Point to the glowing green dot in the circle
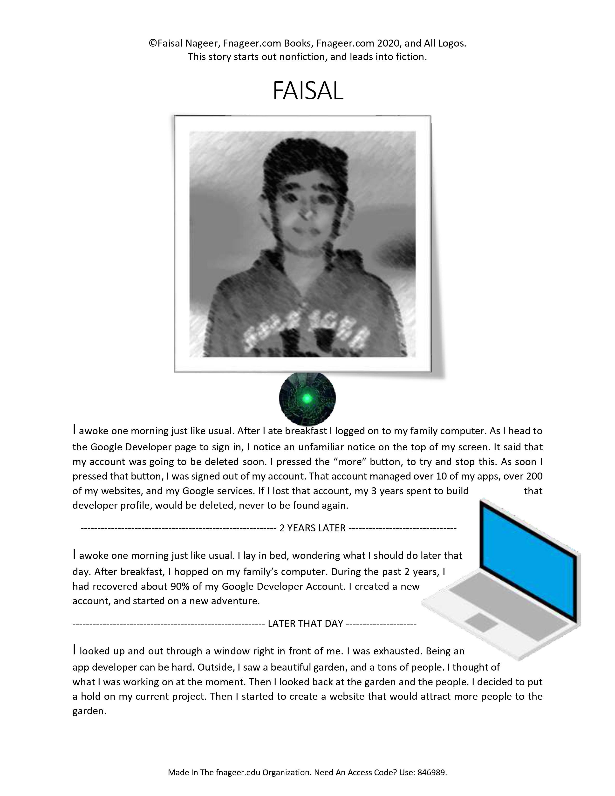[x=307, y=398]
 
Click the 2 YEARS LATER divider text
[x=312, y=528]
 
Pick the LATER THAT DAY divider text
[x=305, y=624]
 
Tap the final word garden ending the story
[x=89, y=711]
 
